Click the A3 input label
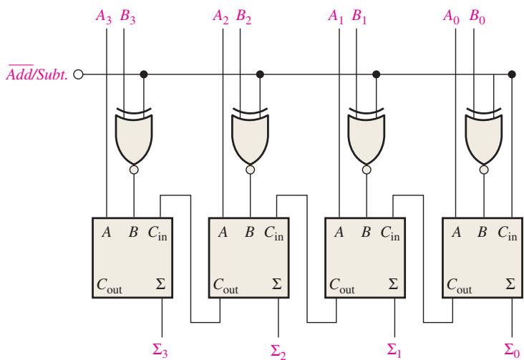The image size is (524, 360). tap(103, 16)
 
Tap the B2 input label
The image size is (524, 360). tap(243, 16)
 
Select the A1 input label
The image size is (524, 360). tap(336, 16)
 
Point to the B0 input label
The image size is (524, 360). tap(477, 16)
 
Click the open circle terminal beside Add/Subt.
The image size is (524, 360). tap(78, 74)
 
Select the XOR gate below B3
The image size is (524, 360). tap(134, 137)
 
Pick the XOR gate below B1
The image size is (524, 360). tap(367, 137)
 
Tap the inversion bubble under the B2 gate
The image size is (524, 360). tap(250, 170)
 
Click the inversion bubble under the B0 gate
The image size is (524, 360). tap(484, 170)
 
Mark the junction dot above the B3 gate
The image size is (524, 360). tap(144, 74)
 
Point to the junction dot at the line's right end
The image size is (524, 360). tap(512, 74)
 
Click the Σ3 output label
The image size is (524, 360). tap(160, 350)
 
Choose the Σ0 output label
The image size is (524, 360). tap(512, 350)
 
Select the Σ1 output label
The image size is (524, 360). tap(394, 350)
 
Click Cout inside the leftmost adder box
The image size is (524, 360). tap(110, 286)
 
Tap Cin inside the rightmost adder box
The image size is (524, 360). tap(508, 233)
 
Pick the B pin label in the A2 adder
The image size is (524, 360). tap(249, 232)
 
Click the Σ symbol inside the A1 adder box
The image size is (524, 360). tap(393, 284)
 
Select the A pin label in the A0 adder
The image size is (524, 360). tap(457, 232)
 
